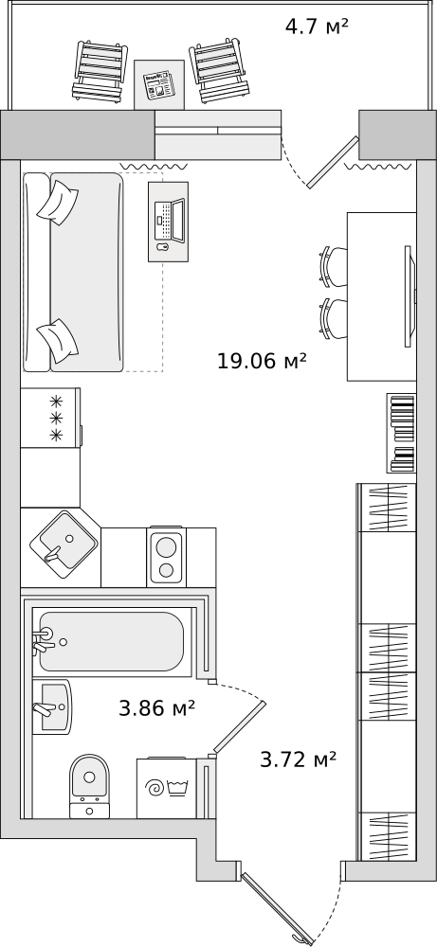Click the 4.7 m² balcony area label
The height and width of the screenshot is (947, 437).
pos(318,27)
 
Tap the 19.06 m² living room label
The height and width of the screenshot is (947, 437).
pos(263,361)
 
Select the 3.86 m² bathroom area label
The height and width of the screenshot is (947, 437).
pos(157,707)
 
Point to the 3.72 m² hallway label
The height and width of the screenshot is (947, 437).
pos(298,759)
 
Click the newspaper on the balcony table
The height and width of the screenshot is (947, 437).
pos(158,85)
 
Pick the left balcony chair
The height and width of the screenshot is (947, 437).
pos(100,71)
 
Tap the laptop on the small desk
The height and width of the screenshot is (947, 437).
pos(170,221)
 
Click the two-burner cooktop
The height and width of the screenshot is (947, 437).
pos(166,556)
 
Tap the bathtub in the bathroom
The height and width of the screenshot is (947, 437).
pos(112,641)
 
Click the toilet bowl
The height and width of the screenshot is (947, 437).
pos(89,786)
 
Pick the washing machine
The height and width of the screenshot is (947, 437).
pos(166,788)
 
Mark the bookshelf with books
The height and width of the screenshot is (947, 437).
pos(402,433)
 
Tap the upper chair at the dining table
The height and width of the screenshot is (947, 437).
pos(333,266)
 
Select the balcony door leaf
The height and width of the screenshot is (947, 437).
pos(333,162)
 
